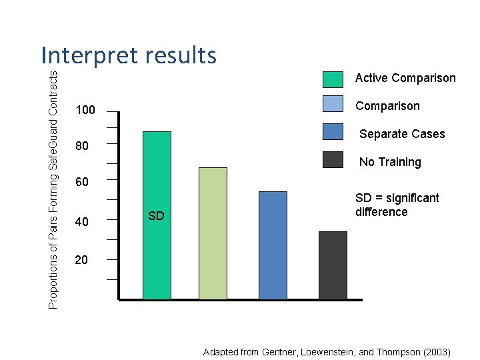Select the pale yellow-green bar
(213, 233)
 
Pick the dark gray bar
(333, 265)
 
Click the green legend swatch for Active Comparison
(333, 79)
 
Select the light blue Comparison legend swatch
(333, 105)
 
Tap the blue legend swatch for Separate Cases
(333, 132)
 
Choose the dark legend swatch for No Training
(333, 159)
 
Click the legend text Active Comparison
(405, 78)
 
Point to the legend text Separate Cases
(402, 134)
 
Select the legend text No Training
(390, 162)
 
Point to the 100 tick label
(85, 110)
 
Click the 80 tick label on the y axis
(81, 145)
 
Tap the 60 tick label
(81, 182)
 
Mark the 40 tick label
(81, 221)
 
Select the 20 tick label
(81, 260)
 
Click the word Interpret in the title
(87, 55)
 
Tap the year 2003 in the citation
(437, 351)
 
